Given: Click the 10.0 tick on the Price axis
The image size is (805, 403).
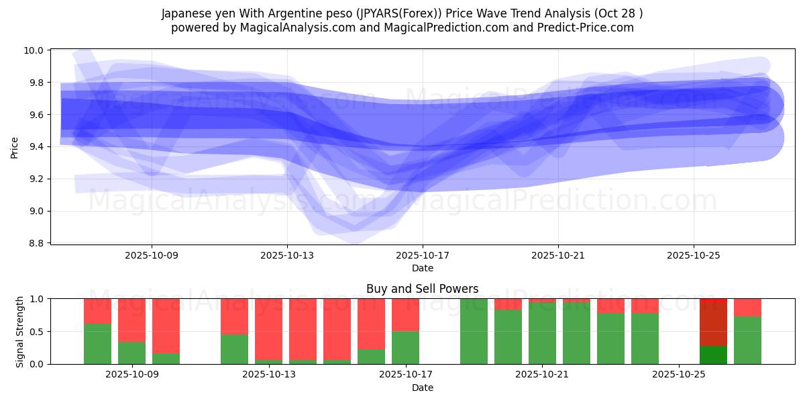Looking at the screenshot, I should (x=35, y=50).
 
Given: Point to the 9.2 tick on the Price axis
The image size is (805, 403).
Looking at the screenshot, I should (x=35, y=179).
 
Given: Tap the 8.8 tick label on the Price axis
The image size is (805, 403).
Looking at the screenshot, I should (x=35, y=243).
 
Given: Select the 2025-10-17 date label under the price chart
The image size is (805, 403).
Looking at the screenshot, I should (x=423, y=255).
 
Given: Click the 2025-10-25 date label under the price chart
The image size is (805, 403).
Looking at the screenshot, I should (x=693, y=255).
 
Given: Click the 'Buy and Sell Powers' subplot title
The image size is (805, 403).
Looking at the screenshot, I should (x=422, y=289).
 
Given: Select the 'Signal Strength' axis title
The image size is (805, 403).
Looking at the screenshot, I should (x=20, y=331).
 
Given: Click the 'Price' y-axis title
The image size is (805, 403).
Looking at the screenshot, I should (x=15, y=146).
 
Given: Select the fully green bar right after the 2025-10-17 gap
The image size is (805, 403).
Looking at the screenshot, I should (x=474, y=331).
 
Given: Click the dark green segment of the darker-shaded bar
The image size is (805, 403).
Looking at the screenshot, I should (x=713, y=355).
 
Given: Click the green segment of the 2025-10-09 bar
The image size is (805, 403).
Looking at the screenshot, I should (x=131, y=353).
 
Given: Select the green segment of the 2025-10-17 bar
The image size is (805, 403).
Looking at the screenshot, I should (x=405, y=347).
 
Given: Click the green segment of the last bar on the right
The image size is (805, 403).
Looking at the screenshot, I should (x=747, y=340).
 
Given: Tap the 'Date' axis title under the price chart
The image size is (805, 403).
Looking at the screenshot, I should (x=422, y=268).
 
